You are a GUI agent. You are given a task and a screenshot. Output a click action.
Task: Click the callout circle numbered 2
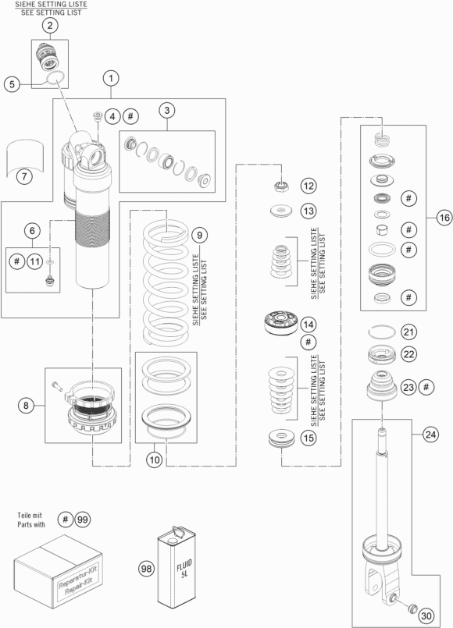point(50,26)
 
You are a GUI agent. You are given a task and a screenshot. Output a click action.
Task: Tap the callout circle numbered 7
point(24,176)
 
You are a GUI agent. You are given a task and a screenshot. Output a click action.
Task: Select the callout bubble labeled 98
point(147,569)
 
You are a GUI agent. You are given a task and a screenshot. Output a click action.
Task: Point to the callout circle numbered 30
point(426,616)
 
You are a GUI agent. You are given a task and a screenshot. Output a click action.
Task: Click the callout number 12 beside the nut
point(309,186)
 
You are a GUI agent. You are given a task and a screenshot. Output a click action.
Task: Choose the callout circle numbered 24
point(430,435)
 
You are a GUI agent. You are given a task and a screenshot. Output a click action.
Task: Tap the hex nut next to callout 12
point(281,186)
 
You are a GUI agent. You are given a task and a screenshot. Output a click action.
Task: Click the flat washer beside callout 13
point(281,211)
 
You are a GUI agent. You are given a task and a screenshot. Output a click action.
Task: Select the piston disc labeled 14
point(281,323)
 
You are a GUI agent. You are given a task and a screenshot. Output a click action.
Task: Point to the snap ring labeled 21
point(382,332)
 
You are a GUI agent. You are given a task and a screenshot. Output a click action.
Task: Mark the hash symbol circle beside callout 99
point(66,520)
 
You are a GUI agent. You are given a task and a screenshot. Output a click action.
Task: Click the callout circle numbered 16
point(444,218)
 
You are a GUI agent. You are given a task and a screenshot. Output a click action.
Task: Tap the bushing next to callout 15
point(281,438)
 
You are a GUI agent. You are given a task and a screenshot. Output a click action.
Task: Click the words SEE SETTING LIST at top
point(51,12)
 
